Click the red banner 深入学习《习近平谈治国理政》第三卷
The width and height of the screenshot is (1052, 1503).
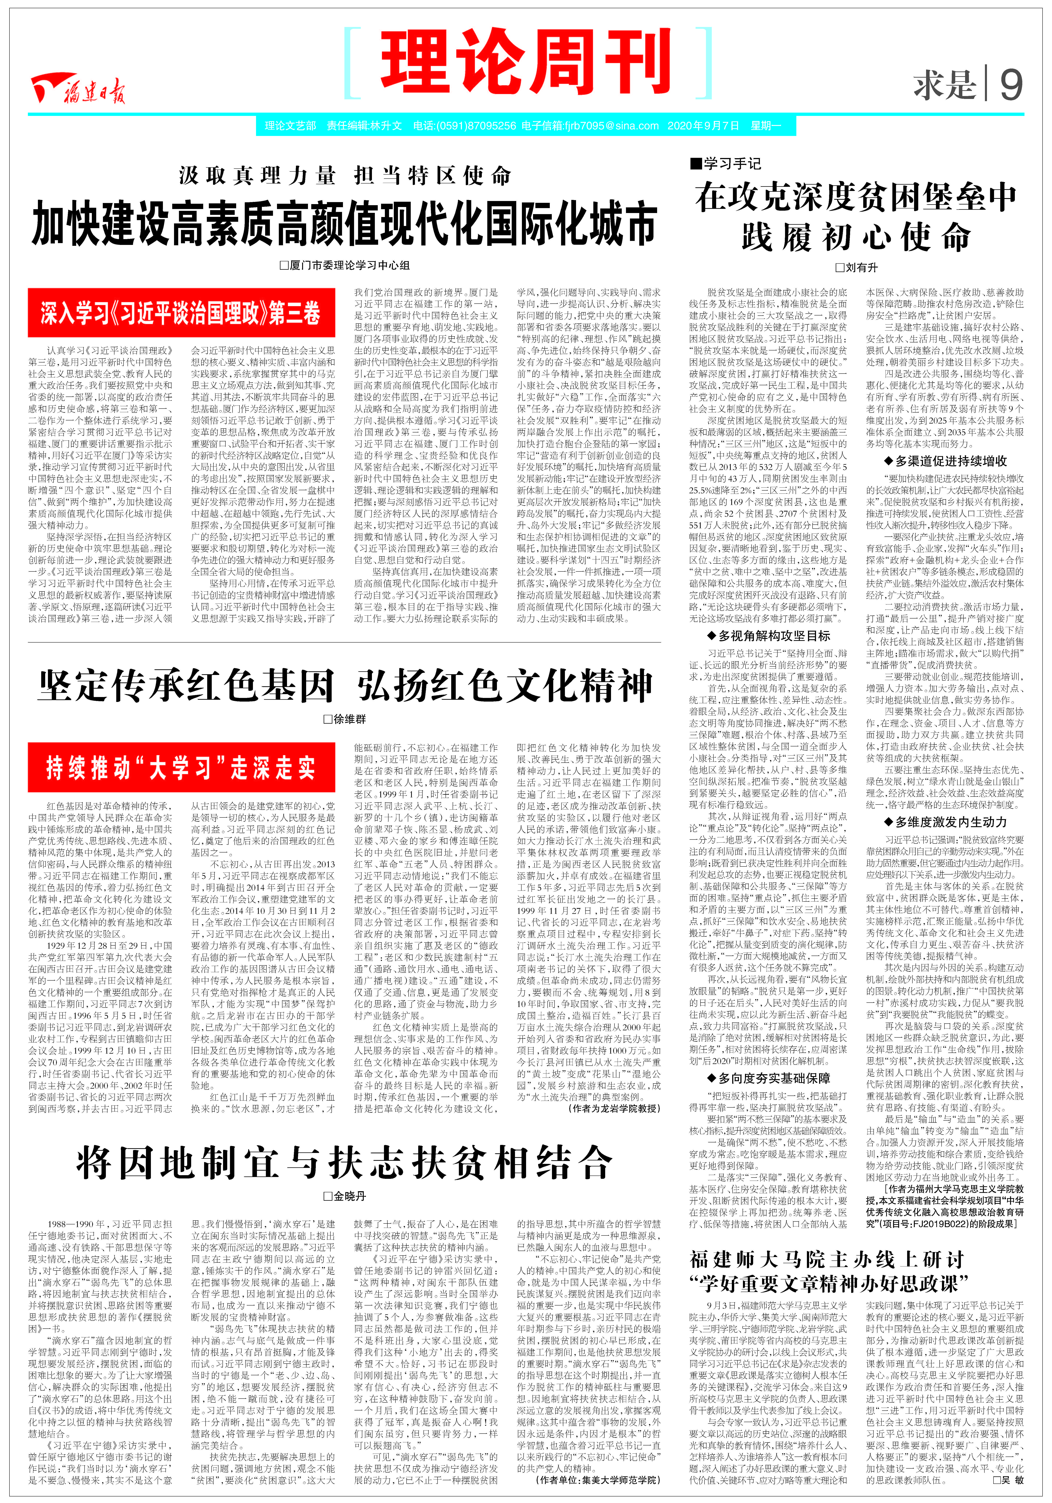181,313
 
